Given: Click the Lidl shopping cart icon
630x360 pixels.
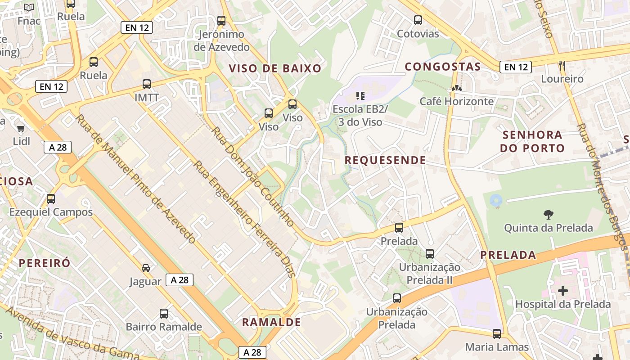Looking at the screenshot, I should point(21,129).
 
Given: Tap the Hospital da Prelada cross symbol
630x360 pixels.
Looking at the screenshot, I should point(562,291).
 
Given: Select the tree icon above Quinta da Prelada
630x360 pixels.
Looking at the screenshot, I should point(548,214).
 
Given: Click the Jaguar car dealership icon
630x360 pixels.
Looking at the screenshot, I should point(146,268).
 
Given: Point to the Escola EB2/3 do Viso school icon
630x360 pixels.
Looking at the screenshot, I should point(360,95).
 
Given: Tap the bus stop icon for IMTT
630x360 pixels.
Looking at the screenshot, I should point(147,84).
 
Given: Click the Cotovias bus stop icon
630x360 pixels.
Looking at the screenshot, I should point(418,20).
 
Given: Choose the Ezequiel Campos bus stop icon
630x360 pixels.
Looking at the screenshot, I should point(51,198).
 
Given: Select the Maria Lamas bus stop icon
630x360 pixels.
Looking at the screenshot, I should point(497,333).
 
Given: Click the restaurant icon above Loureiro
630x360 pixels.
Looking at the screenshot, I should point(562,65).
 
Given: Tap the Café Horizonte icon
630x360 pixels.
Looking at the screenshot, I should point(456,88).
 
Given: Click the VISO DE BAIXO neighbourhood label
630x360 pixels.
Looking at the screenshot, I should point(275,68).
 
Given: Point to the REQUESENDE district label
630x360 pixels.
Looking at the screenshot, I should point(385,160).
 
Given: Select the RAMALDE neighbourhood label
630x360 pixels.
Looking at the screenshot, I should point(271,322).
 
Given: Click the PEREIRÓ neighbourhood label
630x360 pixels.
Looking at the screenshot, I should point(45,263).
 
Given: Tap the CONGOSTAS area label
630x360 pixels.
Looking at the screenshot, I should point(443,67).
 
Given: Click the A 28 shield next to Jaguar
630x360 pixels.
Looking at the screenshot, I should point(180,280).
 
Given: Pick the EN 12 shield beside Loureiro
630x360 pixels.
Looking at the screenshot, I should point(516,67).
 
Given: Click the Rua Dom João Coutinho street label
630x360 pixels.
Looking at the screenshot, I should point(253,176).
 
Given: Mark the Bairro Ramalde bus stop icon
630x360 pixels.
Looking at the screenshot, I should point(164,313).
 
